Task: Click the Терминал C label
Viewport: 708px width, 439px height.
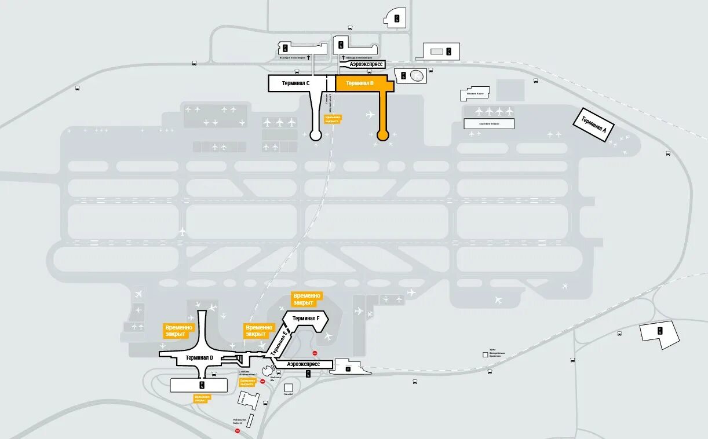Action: (x=295, y=83)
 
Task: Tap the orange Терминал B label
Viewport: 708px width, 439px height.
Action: (x=360, y=83)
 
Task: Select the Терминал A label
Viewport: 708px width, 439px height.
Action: (x=593, y=125)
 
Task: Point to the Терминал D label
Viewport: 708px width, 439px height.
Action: (x=199, y=358)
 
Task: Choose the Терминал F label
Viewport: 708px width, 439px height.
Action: (x=305, y=318)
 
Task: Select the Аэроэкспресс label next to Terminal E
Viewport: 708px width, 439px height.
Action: (x=304, y=364)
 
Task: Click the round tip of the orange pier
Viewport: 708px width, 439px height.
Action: (x=382, y=136)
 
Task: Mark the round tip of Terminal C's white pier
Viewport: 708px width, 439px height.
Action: (x=316, y=136)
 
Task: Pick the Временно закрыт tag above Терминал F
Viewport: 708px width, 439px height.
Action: (x=306, y=299)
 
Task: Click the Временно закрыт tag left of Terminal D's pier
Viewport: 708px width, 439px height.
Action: (x=176, y=331)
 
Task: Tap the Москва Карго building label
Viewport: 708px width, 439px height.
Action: (x=475, y=93)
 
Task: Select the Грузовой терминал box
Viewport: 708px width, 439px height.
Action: (x=488, y=123)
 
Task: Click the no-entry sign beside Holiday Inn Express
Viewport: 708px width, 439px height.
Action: (x=237, y=430)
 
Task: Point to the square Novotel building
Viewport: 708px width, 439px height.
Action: (x=289, y=387)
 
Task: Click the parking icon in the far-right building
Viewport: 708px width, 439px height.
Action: (x=659, y=331)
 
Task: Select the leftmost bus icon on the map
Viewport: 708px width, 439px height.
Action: (x=78, y=89)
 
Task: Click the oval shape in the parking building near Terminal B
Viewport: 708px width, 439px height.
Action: (x=416, y=75)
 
